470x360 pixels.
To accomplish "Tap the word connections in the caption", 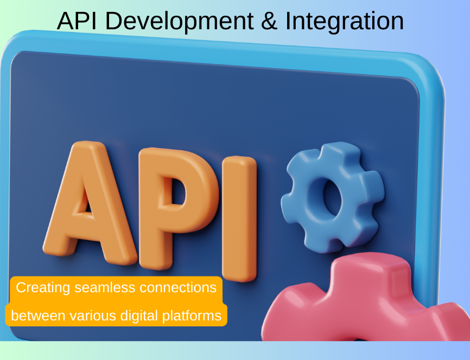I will click(178, 287).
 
